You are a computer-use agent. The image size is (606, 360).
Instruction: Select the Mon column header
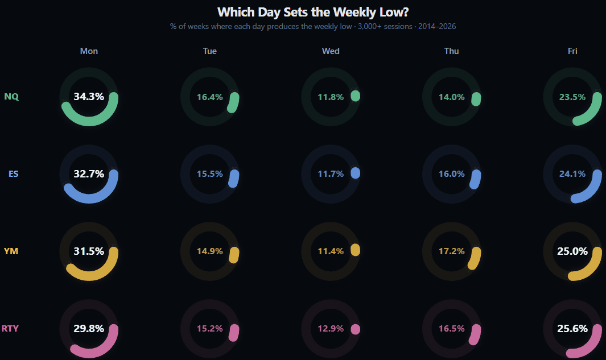click(x=89, y=51)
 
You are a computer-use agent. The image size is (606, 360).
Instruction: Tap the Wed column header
click(x=331, y=51)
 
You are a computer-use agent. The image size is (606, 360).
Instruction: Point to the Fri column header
click(x=572, y=51)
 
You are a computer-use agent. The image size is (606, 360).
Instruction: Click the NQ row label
click(x=11, y=97)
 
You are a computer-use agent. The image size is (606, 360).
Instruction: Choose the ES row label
click(x=13, y=174)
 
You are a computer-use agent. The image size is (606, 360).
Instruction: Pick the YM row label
click(x=11, y=251)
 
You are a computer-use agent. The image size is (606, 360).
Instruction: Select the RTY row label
click(x=10, y=328)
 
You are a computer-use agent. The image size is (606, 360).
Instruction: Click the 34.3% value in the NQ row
click(x=89, y=97)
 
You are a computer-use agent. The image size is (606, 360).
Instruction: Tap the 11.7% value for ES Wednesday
click(x=331, y=174)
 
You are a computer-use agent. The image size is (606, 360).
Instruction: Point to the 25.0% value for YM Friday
click(x=572, y=251)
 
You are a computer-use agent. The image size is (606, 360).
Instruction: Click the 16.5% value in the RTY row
click(x=451, y=328)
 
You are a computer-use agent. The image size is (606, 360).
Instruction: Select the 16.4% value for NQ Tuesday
click(x=209, y=97)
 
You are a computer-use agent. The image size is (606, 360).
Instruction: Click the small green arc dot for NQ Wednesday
click(x=356, y=96)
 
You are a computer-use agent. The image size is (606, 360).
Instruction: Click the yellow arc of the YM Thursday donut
click(x=475, y=258)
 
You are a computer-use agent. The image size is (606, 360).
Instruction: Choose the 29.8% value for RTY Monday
click(x=89, y=328)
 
